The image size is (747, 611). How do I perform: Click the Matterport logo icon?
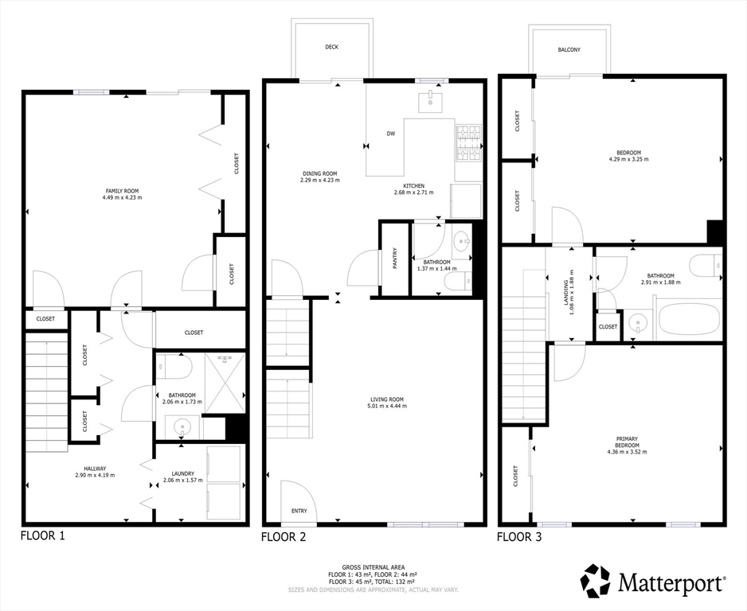(x=595, y=581)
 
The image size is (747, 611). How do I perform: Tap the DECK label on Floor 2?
(x=331, y=47)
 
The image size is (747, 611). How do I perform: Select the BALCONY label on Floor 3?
(x=569, y=49)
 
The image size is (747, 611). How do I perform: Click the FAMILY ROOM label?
(x=123, y=191)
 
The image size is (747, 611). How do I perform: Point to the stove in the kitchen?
(x=469, y=142)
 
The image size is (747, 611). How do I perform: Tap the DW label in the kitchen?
(x=391, y=134)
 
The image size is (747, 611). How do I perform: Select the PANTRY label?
(x=395, y=259)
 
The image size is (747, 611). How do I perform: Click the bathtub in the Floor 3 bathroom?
(x=688, y=318)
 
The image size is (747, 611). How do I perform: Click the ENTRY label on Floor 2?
(x=299, y=511)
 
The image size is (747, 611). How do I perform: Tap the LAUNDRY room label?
(x=183, y=473)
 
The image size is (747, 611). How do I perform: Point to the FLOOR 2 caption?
(x=284, y=537)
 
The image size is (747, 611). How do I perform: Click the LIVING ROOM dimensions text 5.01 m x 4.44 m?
(x=387, y=406)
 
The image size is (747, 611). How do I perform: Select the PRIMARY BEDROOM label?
(x=627, y=442)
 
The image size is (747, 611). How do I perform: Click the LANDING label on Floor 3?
(x=566, y=290)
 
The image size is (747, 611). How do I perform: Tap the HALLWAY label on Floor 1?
(x=95, y=469)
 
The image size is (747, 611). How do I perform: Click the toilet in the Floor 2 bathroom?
(x=458, y=281)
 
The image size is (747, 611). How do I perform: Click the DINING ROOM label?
(x=319, y=173)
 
